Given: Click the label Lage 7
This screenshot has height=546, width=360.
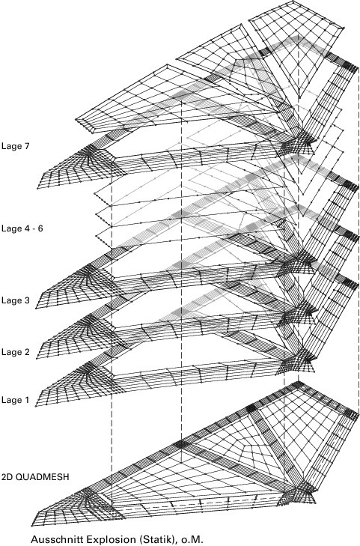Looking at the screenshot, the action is [x=15, y=146].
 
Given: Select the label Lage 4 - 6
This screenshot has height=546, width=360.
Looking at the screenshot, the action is [x=22, y=228].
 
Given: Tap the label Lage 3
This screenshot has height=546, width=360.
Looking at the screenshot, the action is [x=15, y=300].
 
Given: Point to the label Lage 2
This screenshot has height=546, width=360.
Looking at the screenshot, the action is [x=15, y=352].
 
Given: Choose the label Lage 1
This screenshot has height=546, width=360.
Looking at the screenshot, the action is [x=15, y=400].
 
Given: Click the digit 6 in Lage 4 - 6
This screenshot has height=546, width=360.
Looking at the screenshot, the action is [x=40, y=228].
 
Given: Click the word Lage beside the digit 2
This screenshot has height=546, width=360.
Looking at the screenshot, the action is [x=11, y=352].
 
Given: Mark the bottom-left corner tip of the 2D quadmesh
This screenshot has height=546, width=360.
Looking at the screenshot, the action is [x=31, y=525].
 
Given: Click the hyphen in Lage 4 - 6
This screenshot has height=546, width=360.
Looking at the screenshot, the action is [x=34, y=229].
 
